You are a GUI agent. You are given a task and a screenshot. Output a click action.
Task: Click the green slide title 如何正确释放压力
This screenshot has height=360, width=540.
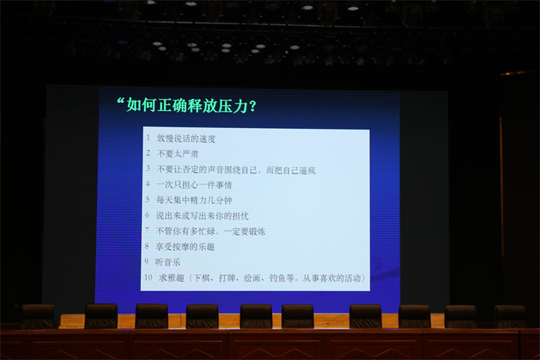(x=187, y=105)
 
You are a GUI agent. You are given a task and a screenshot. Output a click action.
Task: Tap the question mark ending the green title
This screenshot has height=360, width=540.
(x=253, y=106)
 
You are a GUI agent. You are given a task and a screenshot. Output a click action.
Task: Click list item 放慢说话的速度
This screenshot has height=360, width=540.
(x=186, y=138)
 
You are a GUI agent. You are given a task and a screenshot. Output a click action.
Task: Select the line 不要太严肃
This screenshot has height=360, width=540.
(x=177, y=153)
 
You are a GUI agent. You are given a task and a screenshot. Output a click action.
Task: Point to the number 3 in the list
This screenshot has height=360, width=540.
(x=148, y=168)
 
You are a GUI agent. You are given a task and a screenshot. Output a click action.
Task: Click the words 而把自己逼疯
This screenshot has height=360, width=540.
(x=291, y=170)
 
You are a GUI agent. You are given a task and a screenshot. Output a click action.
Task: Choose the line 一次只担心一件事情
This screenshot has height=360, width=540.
(x=194, y=185)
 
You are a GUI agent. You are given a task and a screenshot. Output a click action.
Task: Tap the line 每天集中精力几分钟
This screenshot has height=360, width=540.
(x=194, y=200)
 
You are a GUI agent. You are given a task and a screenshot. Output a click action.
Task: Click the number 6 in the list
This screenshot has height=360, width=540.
(x=148, y=215)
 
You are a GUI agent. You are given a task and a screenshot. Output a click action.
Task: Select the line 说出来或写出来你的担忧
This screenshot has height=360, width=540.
(x=202, y=216)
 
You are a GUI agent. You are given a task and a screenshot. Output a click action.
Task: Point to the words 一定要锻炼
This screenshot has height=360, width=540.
(x=245, y=232)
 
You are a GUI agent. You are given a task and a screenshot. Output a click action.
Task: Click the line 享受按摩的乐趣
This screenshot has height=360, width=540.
(x=185, y=247)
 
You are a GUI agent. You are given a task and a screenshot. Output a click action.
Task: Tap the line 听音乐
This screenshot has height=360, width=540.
(x=168, y=262)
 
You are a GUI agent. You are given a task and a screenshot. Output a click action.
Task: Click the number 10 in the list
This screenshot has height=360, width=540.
(x=148, y=277)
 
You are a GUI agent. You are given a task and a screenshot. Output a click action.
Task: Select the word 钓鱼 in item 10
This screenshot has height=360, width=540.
(x=278, y=278)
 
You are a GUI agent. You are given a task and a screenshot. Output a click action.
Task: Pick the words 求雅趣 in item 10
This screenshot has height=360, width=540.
(x=171, y=278)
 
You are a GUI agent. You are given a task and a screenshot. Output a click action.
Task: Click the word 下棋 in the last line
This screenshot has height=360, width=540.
(x=202, y=278)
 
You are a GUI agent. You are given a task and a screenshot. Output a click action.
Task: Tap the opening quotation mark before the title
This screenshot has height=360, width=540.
(x=120, y=102)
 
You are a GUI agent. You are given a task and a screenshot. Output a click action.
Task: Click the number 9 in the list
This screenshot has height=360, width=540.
(x=147, y=262)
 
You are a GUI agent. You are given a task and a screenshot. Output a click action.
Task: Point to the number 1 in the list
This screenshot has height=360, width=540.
(x=148, y=138)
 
